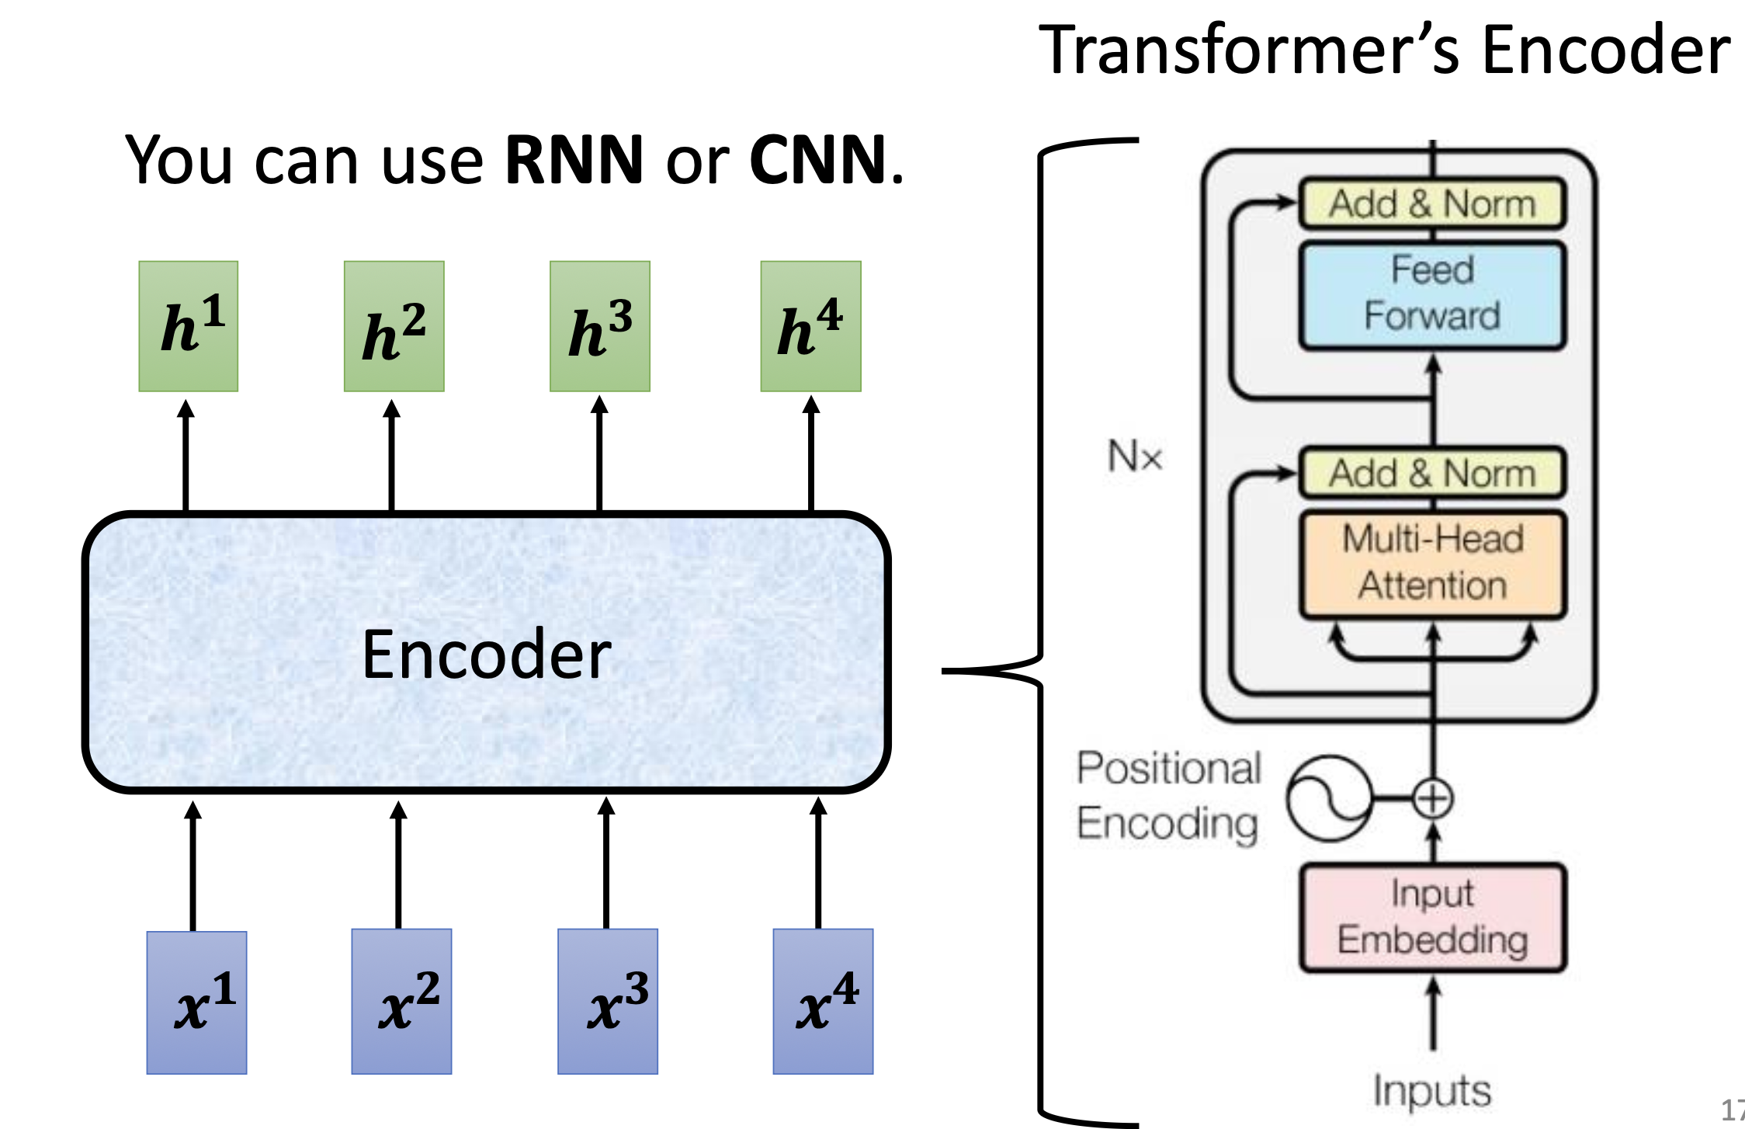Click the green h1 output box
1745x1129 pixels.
click(x=189, y=326)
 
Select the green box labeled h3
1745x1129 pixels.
click(x=600, y=326)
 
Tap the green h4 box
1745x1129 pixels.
click(x=810, y=326)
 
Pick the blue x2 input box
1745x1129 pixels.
click(x=401, y=1002)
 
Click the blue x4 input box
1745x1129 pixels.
click(x=823, y=1002)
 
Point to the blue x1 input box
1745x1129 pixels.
click(x=196, y=1002)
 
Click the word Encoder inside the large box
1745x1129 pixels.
click(x=487, y=655)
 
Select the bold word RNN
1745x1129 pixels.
click(x=574, y=160)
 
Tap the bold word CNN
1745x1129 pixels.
click(x=817, y=160)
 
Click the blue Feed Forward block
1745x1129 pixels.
click(x=1432, y=295)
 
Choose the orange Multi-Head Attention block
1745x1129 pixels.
click(x=1432, y=564)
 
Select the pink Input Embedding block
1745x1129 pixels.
click(x=1432, y=918)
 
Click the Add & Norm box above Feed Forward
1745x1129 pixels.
click(x=1432, y=204)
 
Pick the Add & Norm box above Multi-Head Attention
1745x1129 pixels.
click(x=1432, y=473)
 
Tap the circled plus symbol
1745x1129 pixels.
click(x=1432, y=799)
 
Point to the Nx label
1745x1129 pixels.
click(x=1134, y=456)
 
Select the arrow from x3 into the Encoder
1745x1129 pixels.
click(x=606, y=862)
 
